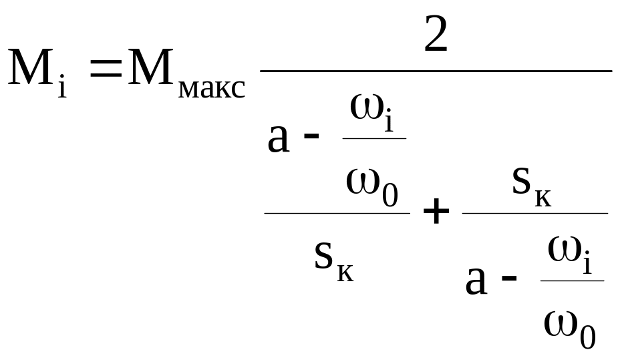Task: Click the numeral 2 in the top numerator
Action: coord(436,35)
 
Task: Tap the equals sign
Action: coord(105,69)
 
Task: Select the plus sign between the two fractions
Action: coord(436,213)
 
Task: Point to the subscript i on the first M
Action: coord(62,86)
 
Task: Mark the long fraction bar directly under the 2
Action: coord(436,70)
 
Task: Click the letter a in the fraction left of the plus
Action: coord(279,138)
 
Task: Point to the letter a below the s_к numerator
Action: coord(476,281)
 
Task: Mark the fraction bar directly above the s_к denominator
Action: coord(337,213)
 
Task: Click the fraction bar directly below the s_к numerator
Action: coord(535,213)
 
